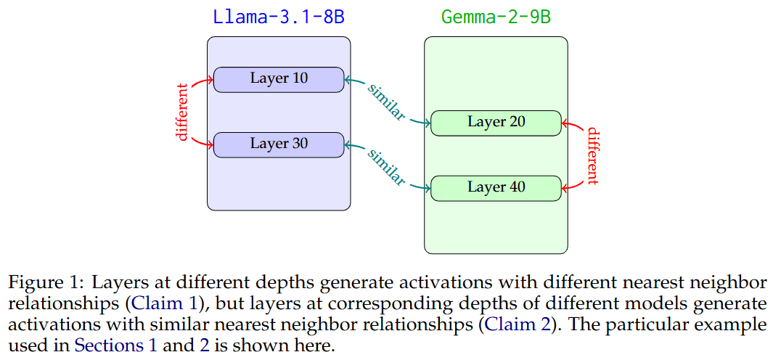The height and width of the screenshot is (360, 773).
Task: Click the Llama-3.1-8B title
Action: coord(278,17)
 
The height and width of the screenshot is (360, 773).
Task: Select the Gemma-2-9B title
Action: coord(496,17)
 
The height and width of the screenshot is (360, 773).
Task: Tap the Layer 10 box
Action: coord(279,79)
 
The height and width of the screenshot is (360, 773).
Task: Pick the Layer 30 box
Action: coord(279,144)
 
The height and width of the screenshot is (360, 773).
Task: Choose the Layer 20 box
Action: coord(496,123)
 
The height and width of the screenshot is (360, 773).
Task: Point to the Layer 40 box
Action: coord(496,188)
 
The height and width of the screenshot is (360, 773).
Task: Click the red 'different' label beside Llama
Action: coord(182,112)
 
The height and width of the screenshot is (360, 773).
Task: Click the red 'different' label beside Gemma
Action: coord(593,155)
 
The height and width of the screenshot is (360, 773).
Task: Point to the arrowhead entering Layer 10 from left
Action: coord(210,79)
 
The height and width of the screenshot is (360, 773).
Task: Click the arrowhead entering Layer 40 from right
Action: coord(565,188)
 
